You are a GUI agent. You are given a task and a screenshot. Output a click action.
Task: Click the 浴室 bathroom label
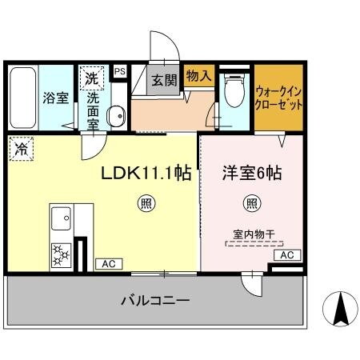click(55, 98)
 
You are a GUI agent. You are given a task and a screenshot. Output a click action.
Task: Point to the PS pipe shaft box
click(120, 71)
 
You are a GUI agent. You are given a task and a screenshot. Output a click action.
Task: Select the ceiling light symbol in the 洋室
click(251, 204)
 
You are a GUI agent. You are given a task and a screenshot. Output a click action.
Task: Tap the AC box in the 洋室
click(286, 254)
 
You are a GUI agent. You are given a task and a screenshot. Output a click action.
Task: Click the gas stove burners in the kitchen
click(60, 254)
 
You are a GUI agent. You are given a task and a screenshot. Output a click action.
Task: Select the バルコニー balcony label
click(155, 301)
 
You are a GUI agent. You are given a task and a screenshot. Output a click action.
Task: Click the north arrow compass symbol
click(337, 307)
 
